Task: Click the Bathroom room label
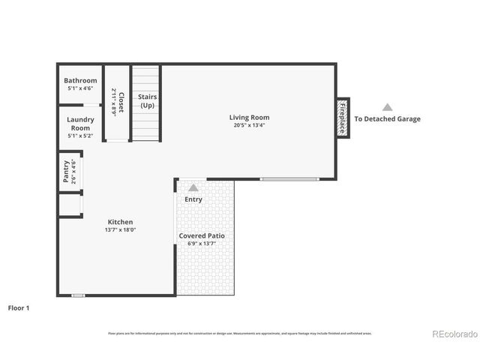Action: (x=80, y=80)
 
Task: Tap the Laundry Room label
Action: (x=80, y=123)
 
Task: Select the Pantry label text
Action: (x=66, y=170)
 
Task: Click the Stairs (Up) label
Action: (x=147, y=101)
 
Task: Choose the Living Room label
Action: (x=249, y=117)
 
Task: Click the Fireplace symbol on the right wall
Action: (x=343, y=118)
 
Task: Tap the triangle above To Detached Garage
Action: (x=387, y=107)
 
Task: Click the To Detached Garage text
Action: (x=387, y=118)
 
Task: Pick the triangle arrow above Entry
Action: (x=193, y=187)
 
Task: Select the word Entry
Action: (x=193, y=199)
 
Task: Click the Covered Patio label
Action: (x=201, y=235)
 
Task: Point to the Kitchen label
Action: (x=120, y=222)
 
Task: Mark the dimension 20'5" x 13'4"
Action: (x=249, y=125)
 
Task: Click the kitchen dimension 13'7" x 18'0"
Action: (x=120, y=230)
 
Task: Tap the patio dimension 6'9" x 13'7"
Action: (x=201, y=243)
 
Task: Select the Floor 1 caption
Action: (x=18, y=307)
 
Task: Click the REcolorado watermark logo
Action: (x=453, y=333)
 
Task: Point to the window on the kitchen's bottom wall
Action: (x=77, y=295)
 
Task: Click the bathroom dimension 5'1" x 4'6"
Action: (x=80, y=88)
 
